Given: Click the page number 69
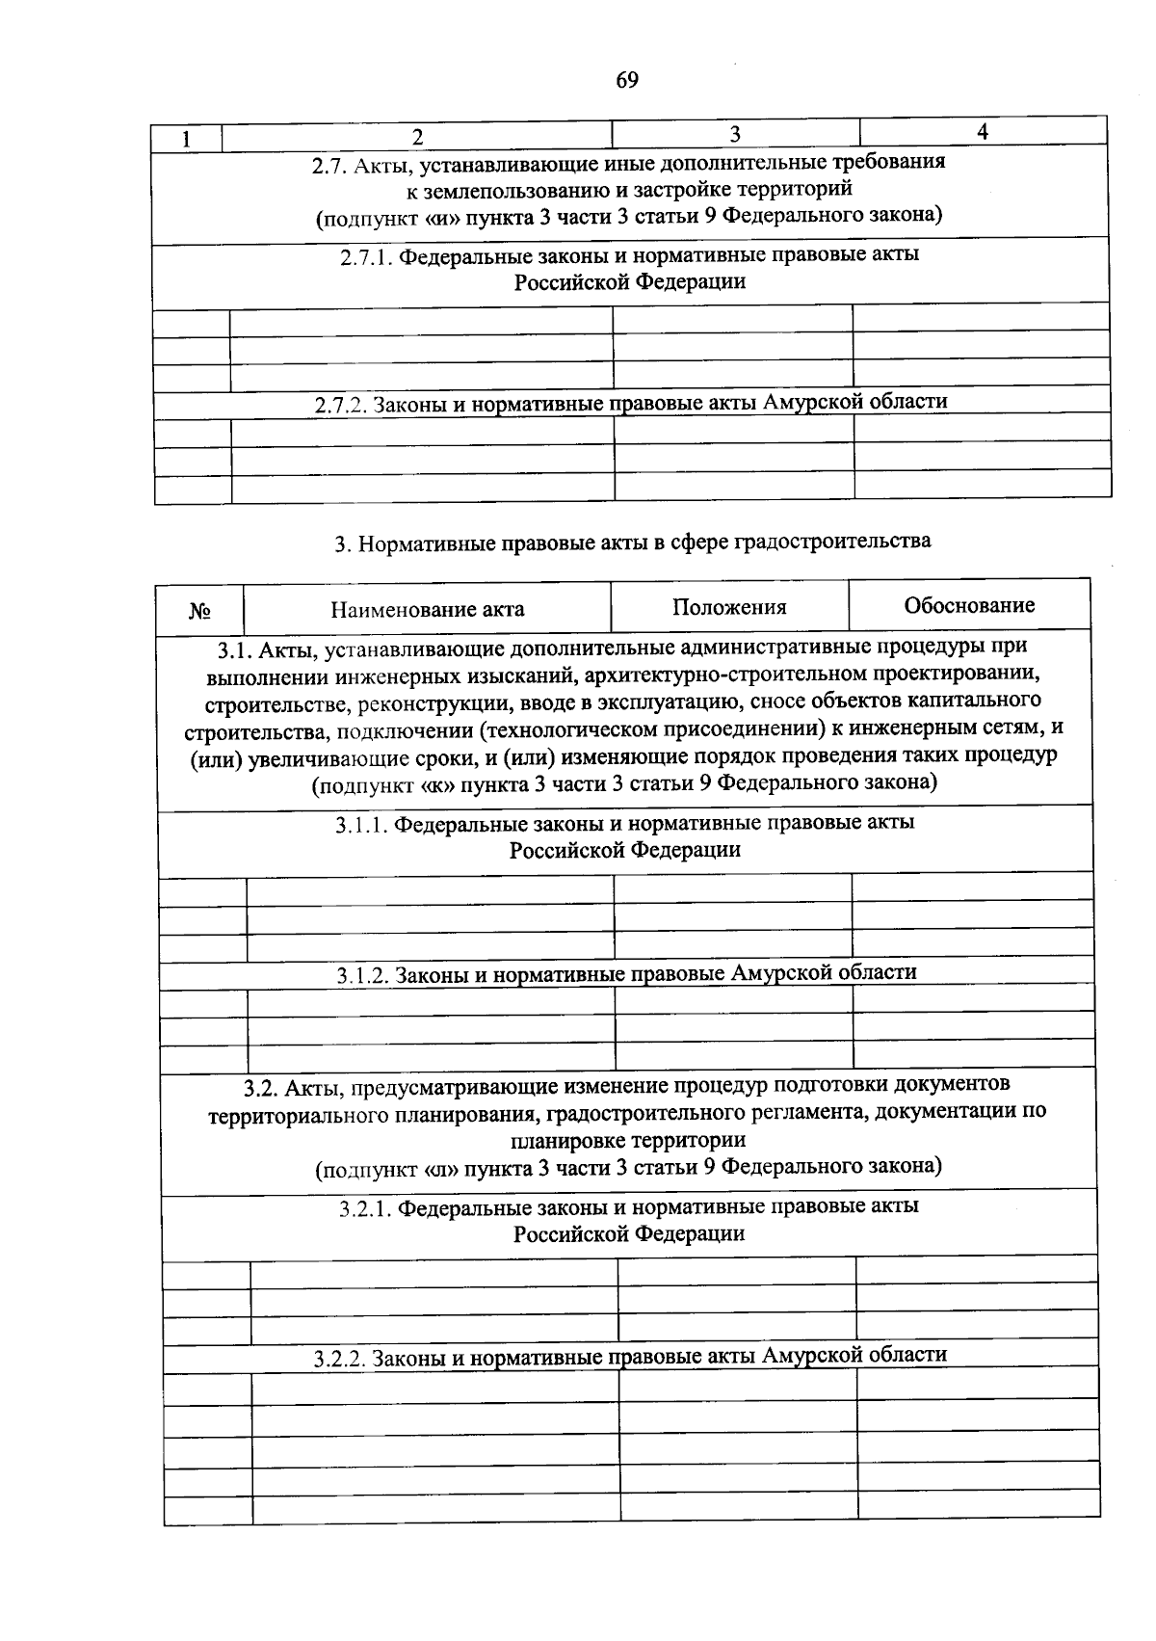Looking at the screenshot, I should coord(626,80).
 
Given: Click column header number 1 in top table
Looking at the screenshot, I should coord(187,139).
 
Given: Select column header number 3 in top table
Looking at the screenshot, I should coord(734,134).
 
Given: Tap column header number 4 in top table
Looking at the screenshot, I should coord(982,132).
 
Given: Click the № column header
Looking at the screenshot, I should coord(199,611).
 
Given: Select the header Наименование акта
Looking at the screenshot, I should coord(428,609).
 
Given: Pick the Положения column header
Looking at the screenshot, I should coord(729,607).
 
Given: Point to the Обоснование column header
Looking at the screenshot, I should coord(969,605).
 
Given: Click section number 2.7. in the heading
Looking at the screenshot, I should coord(329,166).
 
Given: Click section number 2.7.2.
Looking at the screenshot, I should coord(341,406).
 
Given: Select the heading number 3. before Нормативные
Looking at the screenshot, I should coord(340,544).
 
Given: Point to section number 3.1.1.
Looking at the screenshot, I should coord(361,825).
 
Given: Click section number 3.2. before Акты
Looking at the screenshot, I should coord(260,1087).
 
